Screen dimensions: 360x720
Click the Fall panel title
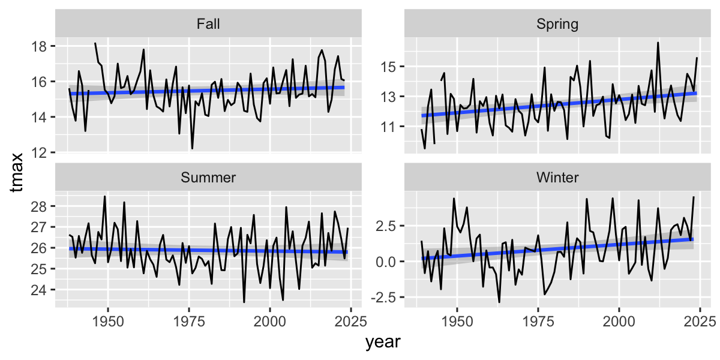click(208, 25)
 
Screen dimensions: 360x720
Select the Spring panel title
click(557, 25)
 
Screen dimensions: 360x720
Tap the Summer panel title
click(208, 178)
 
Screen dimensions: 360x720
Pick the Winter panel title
click(557, 178)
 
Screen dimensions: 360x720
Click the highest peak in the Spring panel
click(658, 43)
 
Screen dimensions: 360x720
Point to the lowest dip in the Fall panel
click(192, 149)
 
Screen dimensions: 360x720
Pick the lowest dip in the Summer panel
click(244, 302)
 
